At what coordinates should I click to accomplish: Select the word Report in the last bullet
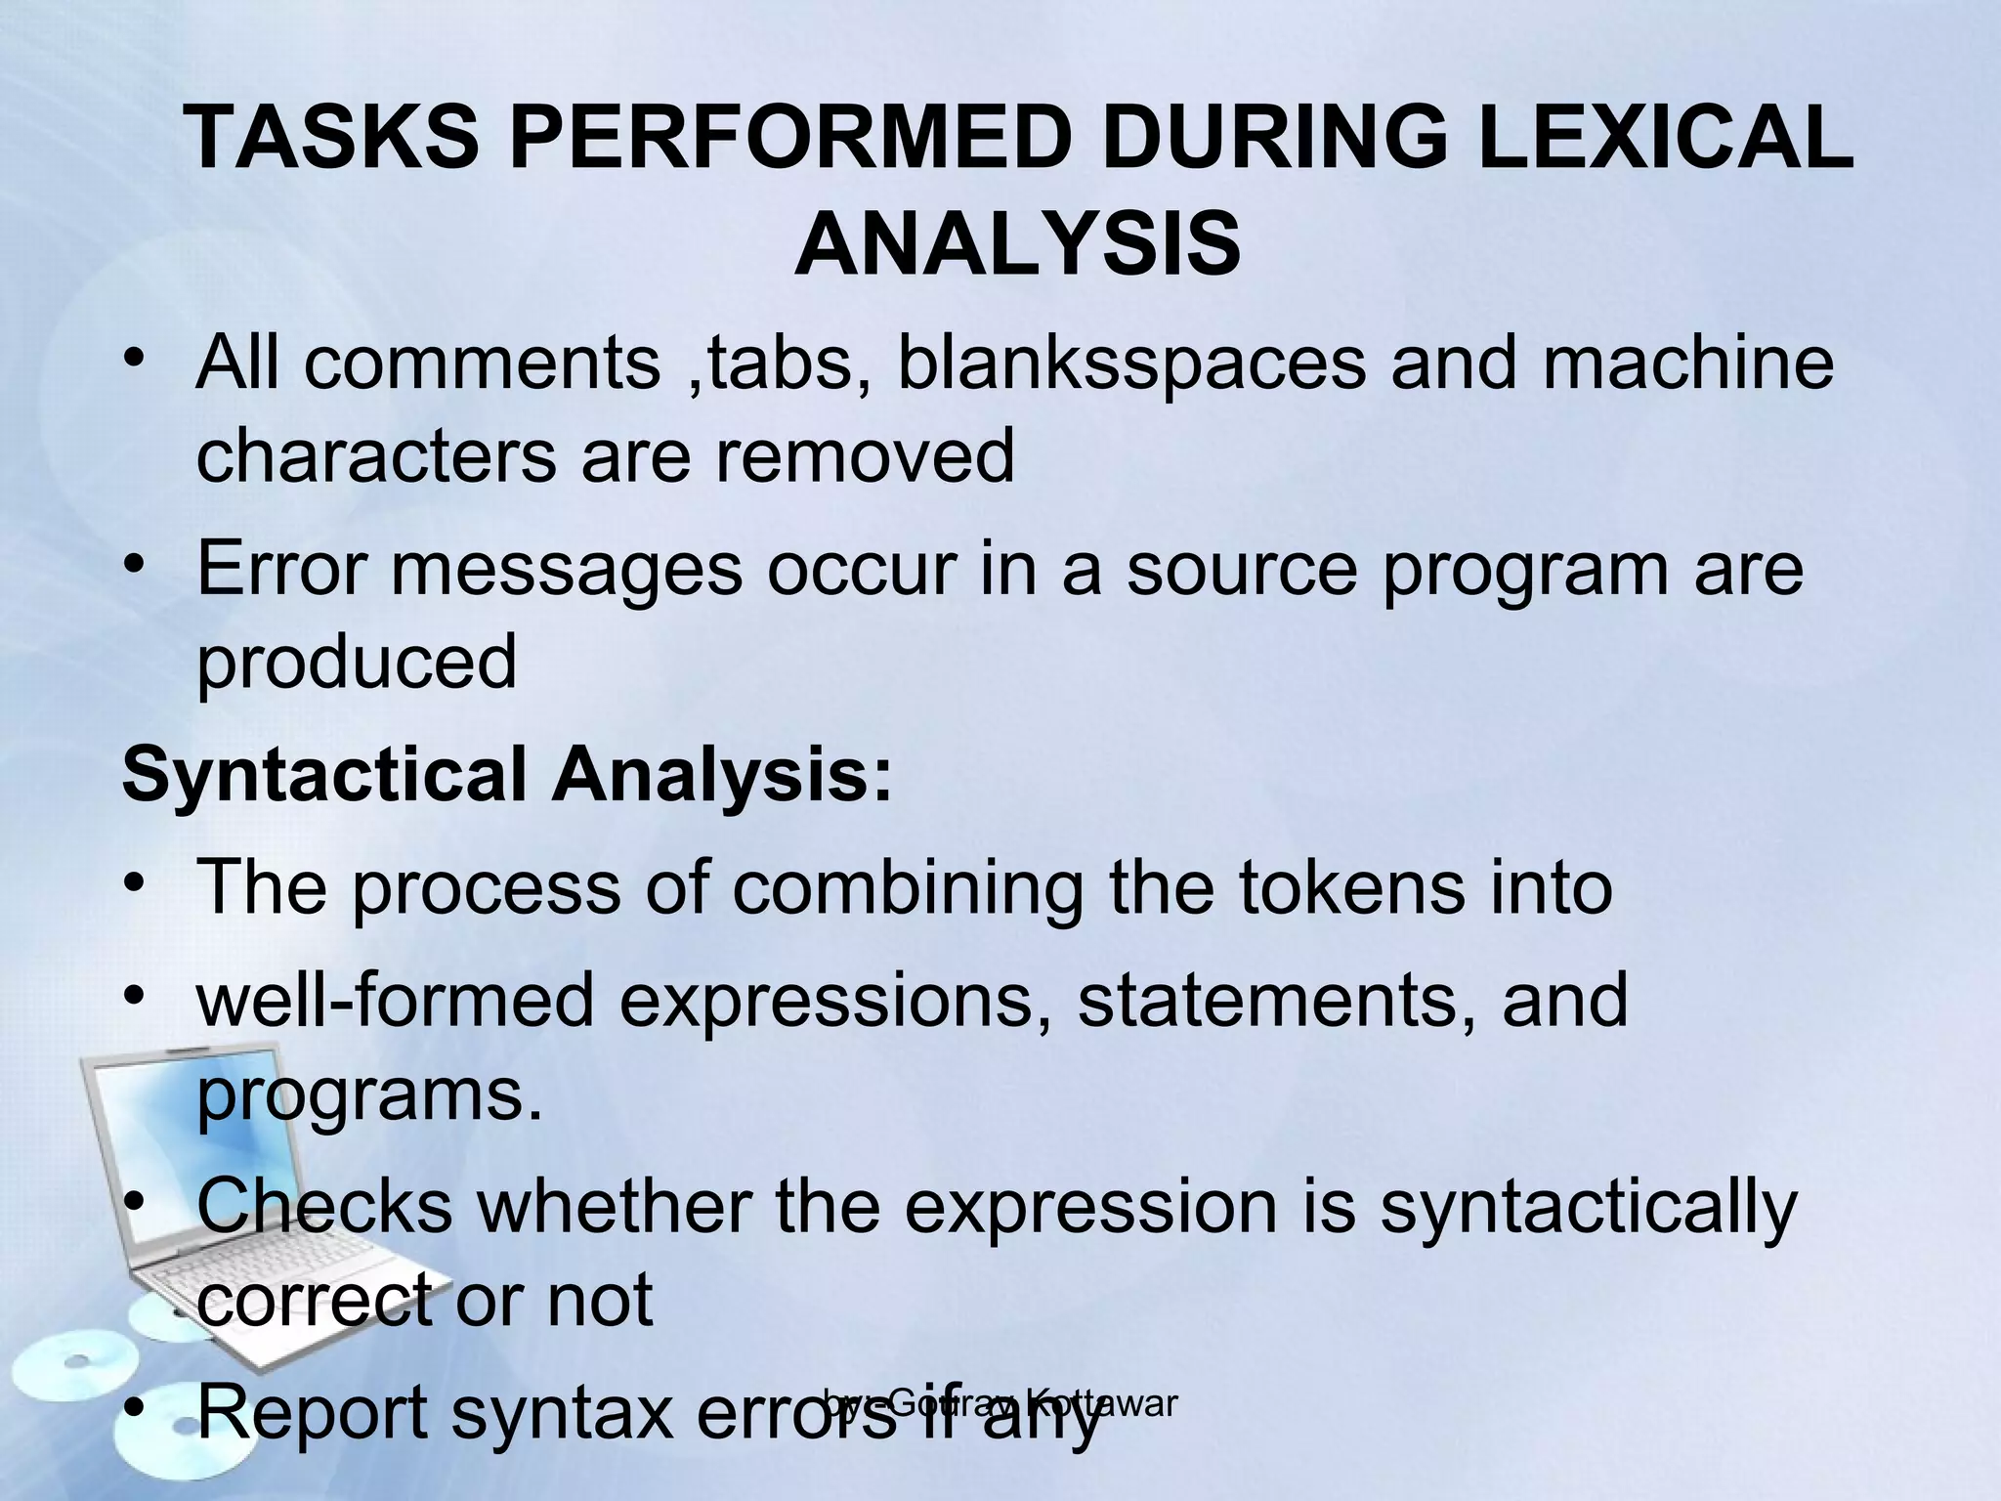[x=313, y=1413]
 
